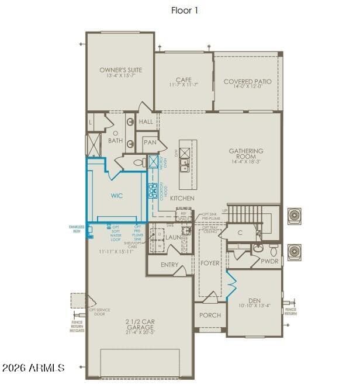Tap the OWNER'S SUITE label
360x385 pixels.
(120, 70)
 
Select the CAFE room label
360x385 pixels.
(184, 81)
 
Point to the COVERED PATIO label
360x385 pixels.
(247, 82)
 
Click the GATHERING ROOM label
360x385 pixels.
(245, 154)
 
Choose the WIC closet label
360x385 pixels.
(116, 196)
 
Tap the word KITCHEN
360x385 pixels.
(182, 199)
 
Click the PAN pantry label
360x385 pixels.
(150, 142)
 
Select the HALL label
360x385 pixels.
(146, 122)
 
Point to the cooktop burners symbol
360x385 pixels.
(152, 190)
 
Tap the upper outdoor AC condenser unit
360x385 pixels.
(293, 216)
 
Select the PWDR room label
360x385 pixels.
(269, 261)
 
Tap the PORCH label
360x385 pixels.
(210, 315)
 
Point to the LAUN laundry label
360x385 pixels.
(173, 238)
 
